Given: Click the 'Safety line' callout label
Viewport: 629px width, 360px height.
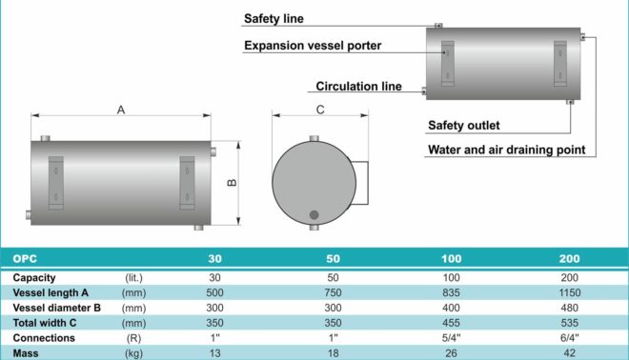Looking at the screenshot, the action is [274, 18].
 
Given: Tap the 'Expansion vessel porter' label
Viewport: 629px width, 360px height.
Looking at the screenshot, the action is [313, 46].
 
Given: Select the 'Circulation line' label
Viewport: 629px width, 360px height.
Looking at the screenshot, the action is [358, 87].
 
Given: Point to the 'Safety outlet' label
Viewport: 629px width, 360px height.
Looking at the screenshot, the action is [464, 126].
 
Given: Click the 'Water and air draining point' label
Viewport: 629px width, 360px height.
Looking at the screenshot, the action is [507, 150].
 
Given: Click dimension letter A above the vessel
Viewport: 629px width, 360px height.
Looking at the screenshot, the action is [121, 110].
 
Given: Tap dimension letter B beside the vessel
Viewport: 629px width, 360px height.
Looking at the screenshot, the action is [232, 183].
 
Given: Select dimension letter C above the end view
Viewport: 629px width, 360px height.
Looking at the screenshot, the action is [320, 110].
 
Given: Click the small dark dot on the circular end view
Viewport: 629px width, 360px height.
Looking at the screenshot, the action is [314, 215].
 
